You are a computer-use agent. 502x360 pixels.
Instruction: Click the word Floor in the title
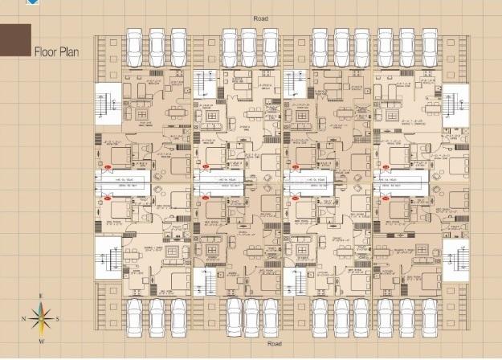pos(45,53)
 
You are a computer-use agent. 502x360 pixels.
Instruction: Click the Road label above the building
pos(259,17)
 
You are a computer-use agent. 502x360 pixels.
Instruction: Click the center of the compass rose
pos(41,318)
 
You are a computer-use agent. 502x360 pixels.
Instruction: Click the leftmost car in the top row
pos(135,47)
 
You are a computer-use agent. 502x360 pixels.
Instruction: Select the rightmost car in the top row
pos(428,47)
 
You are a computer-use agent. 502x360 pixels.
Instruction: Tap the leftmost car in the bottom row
pos(135,317)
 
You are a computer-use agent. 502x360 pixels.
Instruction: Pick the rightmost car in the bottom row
pos(428,317)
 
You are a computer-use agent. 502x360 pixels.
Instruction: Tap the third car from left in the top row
pos(178,47)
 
